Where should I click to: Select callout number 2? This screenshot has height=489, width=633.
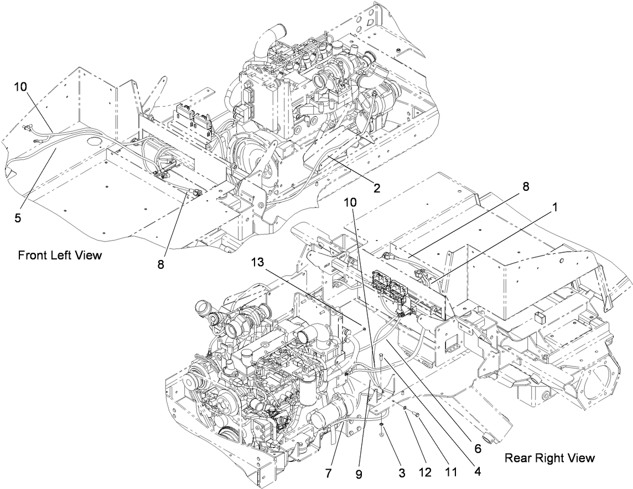pos(376,188)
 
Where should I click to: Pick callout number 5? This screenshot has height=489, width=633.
pos(18,217)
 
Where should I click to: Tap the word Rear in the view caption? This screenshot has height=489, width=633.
pos(517,457)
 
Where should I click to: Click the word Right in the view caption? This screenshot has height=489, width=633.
pos(544,457)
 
